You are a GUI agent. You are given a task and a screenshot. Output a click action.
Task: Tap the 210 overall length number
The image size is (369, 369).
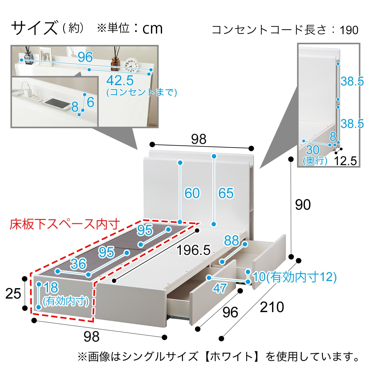272,307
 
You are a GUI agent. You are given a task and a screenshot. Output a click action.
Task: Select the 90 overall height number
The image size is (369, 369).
303,205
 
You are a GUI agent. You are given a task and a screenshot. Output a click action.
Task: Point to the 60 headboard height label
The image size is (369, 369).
192,193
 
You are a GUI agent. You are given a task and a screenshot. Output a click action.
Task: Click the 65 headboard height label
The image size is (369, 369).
226,193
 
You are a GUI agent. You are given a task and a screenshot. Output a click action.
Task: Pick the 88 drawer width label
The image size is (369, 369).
232,240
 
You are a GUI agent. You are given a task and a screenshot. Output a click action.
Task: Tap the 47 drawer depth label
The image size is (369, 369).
220,288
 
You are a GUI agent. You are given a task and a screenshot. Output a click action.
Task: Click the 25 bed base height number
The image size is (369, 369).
13,294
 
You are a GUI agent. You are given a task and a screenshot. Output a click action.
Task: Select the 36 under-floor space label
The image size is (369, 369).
78,264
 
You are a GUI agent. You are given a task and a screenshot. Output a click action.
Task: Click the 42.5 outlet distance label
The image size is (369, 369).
120,81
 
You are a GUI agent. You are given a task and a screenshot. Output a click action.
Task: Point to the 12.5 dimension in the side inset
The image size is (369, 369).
345,161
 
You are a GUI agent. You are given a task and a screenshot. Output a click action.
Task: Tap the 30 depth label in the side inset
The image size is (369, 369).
313,150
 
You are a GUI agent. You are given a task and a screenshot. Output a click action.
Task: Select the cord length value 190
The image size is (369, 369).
349,30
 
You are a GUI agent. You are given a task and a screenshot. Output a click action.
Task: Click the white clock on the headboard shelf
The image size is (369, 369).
132,65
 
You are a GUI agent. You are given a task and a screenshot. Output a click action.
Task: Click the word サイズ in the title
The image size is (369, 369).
34,28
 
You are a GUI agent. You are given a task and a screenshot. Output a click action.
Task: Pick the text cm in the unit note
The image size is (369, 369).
152,29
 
